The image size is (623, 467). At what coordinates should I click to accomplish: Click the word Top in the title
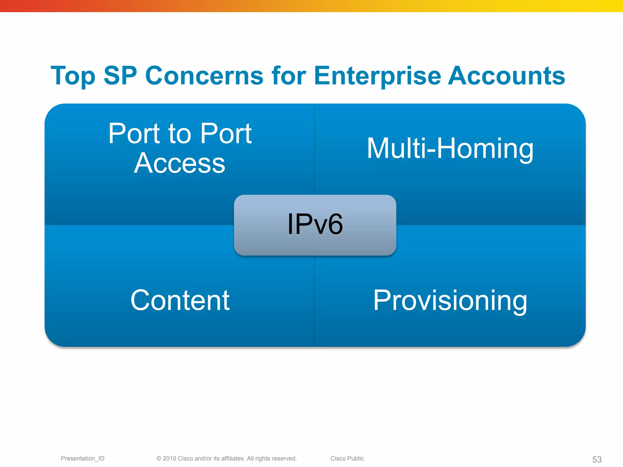73,76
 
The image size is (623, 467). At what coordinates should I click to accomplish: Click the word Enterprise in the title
377,76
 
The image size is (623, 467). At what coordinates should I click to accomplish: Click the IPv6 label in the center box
315,224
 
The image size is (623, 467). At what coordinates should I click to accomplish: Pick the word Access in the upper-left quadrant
179,164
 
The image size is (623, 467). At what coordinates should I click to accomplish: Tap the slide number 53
597,459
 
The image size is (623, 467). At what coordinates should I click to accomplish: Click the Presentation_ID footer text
82,458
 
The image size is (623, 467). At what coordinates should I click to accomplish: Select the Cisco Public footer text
347,458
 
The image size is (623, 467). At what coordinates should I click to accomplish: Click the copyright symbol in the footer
159,458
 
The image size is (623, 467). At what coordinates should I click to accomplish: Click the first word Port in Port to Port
135,134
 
